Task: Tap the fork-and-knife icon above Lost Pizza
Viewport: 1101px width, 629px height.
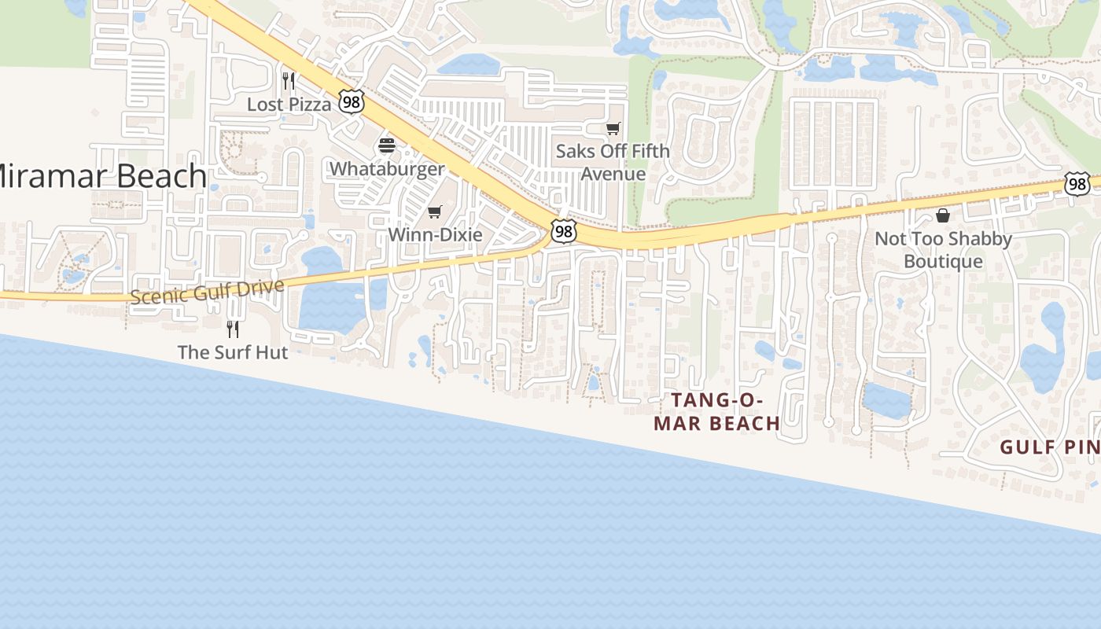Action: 289,80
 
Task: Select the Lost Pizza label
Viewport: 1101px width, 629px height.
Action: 289,104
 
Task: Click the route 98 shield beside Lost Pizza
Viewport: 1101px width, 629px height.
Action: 352,101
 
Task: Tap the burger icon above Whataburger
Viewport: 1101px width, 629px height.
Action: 386,145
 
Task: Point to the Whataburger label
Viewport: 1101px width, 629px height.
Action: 386,169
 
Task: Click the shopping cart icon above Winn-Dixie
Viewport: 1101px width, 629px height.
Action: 434,212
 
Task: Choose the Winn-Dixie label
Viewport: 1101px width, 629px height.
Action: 435,234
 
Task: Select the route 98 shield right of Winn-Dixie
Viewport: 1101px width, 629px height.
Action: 563,231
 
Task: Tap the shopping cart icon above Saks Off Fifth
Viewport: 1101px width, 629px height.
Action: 613,128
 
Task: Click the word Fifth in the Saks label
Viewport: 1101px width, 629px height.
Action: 650,151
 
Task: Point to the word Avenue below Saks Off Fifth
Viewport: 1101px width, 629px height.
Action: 613,174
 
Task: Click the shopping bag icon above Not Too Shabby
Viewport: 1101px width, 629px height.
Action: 942,215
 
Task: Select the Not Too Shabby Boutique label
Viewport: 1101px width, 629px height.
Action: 942,249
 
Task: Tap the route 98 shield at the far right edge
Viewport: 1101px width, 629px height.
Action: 1077,184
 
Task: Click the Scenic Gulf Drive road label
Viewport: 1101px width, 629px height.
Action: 207,292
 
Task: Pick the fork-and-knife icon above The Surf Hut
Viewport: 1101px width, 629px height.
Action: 232,329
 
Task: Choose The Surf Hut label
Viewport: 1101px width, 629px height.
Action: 233,351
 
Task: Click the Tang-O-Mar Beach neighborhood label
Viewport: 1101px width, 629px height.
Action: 716,412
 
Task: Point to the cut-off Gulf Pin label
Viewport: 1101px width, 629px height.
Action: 1050,447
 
